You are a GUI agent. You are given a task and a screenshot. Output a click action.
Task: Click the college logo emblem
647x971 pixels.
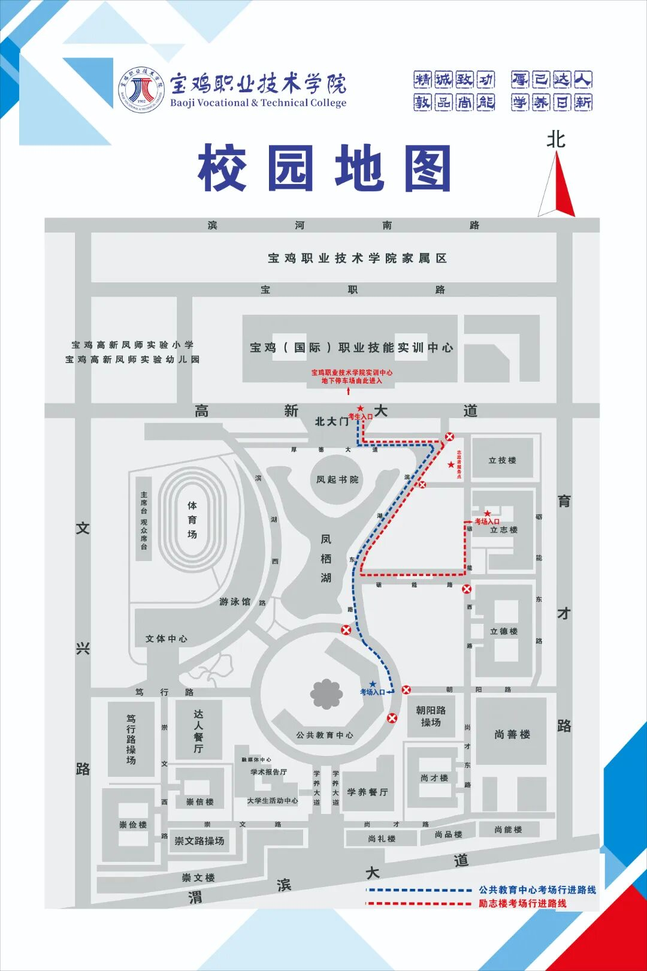coord(141,89)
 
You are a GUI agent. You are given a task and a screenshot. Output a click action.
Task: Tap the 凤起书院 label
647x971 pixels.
coord(337,480)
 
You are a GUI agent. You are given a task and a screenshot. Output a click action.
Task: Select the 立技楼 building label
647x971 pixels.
coord(502,460)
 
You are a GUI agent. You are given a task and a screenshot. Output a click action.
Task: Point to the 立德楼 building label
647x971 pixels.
coord(503,631)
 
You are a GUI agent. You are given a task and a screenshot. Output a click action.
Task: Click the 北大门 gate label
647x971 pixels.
coord(331,421)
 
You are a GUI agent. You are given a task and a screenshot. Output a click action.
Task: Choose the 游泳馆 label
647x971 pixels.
coord(235,602)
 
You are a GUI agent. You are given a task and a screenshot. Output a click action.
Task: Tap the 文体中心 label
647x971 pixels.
coord(166,639)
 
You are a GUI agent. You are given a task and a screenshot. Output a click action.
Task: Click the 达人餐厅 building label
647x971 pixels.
coord(198,731)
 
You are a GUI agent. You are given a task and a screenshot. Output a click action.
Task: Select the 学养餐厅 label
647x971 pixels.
coord(367,792)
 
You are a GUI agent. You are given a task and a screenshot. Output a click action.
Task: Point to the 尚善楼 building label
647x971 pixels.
coord(512,734)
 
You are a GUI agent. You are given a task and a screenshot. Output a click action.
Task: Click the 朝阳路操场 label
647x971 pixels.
coord(431,716)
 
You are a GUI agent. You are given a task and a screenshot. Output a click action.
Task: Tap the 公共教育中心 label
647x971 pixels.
coord(324,735)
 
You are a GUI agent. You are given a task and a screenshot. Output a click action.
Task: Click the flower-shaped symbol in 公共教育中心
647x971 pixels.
coord(326,693)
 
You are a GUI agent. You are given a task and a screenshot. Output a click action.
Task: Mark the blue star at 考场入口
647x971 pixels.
coord(373,684)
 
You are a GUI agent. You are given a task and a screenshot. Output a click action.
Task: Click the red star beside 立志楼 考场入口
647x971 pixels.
coord(488,514)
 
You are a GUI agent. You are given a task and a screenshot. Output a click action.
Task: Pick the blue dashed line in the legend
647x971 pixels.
coord(419,890)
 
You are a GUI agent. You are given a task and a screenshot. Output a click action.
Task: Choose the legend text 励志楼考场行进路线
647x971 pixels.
coord(522,903)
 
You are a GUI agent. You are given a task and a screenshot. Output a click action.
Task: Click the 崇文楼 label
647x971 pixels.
coord(198,878)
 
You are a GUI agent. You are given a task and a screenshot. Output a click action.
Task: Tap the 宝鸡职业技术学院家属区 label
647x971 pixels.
coord(357,258)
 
